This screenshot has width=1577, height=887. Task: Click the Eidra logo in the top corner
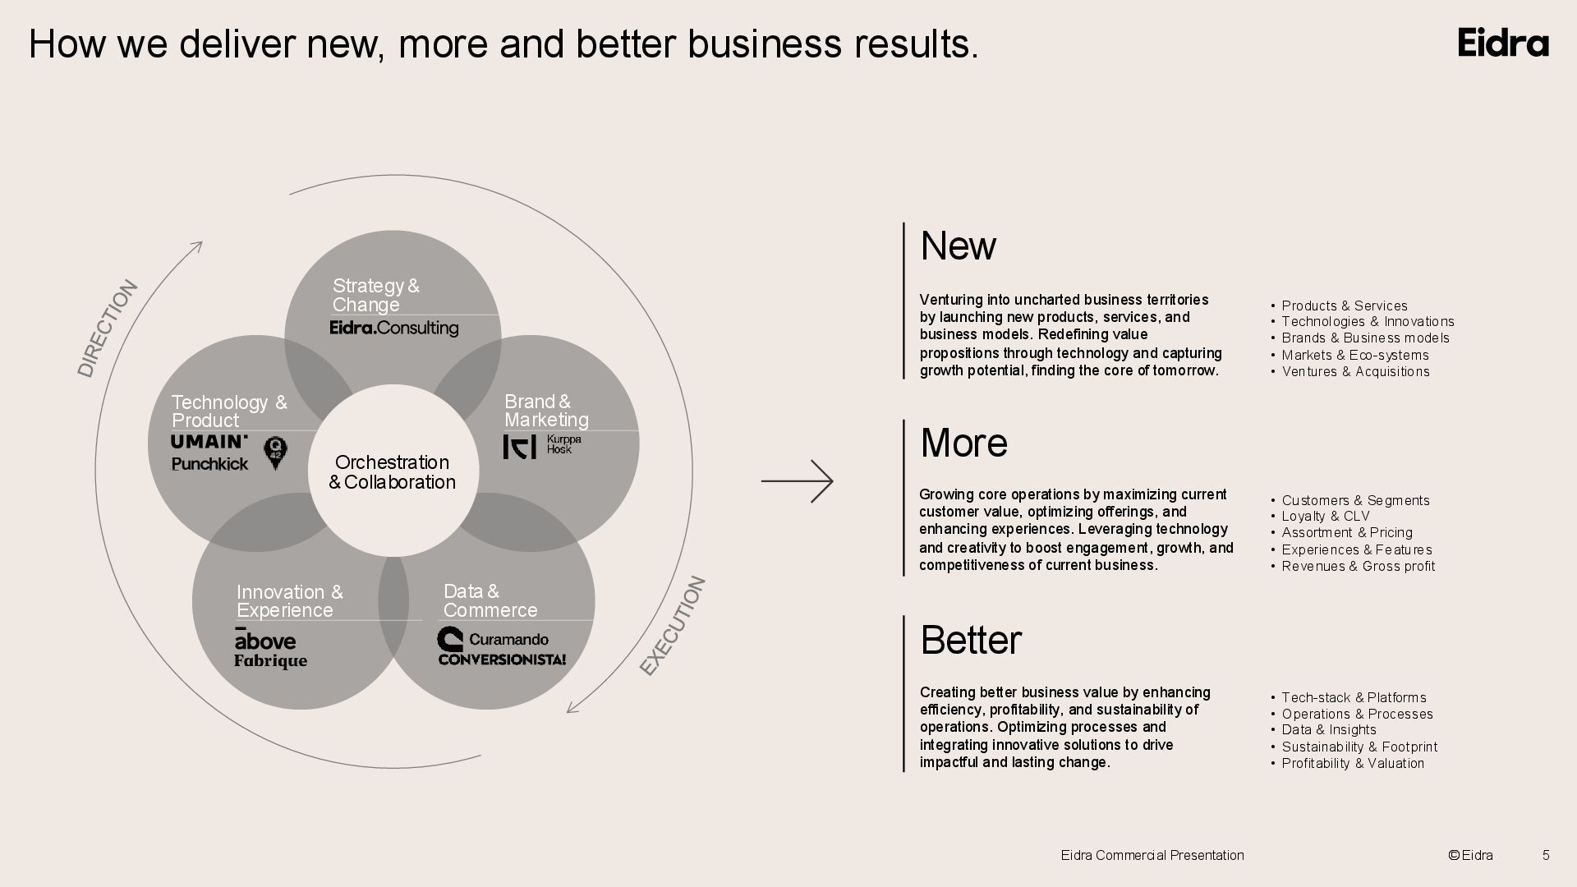pos(1503,43)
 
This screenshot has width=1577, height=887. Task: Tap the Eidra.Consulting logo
pos(394,328)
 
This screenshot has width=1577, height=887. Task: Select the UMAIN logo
pos(209,442)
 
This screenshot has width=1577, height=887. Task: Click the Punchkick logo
pos(209,464)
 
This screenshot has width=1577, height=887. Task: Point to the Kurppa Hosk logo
pos(542,446)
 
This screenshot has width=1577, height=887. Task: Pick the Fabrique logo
pos(270,661)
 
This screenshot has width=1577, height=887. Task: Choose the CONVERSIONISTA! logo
pos(502,659)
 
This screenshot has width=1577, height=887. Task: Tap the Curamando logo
pos(493,639)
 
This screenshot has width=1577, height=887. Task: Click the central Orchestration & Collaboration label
pos(393,472)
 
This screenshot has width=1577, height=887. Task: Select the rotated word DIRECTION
pos(108,329)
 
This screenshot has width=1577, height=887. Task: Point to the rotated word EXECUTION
pos(673,626)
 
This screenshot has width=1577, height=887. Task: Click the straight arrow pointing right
pos(797,481)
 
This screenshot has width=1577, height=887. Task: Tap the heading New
pos(958,246)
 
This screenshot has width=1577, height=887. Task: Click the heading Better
pos(971,640)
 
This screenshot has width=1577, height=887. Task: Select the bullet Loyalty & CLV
pos(1326,517)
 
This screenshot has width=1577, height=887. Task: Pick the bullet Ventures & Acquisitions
pos(1355,372)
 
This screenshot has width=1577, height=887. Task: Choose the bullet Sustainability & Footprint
pos(1359,747)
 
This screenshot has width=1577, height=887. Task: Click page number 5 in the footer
pos(1546,855)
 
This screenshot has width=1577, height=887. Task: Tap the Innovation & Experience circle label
pos(289,601)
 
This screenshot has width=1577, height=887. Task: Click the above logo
pos(264,640)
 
